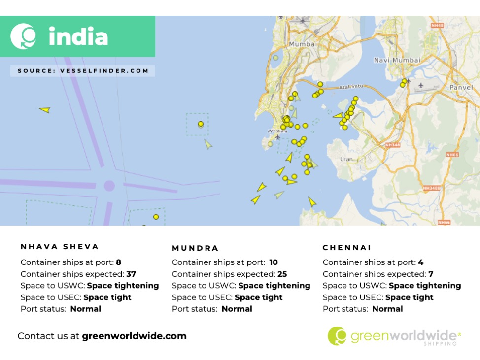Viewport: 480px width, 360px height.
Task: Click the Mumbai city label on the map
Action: [x=303, y=44]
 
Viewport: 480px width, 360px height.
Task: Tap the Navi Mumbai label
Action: [x=397, y=60]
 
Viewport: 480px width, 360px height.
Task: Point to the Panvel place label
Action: [x=461, y=87]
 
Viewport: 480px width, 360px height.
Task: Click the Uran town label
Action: [x=346, y=159]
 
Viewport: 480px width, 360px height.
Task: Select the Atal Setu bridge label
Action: [x=350, y=88]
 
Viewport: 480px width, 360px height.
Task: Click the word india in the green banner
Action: [x=78, y=36]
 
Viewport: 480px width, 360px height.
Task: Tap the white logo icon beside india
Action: [x=24, y=36]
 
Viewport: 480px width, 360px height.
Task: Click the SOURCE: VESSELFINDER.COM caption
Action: [x=83, y=71]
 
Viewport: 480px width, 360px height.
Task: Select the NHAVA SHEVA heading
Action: [x=60, y=247]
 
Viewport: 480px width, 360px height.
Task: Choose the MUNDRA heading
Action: [x=195, y=248]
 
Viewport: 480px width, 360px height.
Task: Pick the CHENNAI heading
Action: [x=347, y=248]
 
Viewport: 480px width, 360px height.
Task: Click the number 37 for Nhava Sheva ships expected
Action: [x=131, y=274]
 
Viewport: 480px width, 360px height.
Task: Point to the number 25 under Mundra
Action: [x=282, y=274]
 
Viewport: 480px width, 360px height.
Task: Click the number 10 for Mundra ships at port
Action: [x=274, y=262]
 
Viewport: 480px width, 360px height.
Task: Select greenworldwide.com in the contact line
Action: [x=134, y=336]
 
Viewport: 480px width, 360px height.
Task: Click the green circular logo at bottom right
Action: [x=337, y=336]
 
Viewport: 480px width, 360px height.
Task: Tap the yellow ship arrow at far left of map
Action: [x=45, y=110]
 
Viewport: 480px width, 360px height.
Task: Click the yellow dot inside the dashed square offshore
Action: [x=201, y=124]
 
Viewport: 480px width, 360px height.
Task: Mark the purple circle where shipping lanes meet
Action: [x=109, y=186]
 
